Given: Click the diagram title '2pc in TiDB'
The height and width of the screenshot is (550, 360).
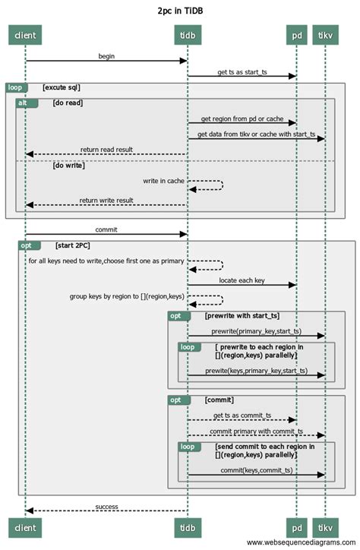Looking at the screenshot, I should click(180, 11).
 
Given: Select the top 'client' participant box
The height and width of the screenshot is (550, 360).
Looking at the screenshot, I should click(25, 36).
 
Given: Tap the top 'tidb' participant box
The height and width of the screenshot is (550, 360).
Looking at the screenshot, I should click(188, 36).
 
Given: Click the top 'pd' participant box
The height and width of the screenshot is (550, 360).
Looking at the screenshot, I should click(296, 36).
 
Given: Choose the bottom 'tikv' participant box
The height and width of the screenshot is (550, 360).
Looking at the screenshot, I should click(325, 526).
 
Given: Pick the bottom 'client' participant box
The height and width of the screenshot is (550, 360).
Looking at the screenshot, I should click(25, 526).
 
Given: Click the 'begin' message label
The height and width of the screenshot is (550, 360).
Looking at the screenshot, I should click(106, 56).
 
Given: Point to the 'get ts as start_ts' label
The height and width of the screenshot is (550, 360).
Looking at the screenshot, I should click(241, 72).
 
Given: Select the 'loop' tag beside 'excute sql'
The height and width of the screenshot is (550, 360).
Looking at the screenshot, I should click(16, 87).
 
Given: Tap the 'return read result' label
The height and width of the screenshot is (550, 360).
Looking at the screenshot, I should click(106, 150).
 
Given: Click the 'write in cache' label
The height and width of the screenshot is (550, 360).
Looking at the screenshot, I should click(163, 181).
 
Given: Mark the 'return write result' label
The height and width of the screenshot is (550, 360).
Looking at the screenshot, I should click(106, 201).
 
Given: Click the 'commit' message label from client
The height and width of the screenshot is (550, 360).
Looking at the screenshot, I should click(106, 229).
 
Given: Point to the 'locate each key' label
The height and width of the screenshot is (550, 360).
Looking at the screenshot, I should click(241, 280).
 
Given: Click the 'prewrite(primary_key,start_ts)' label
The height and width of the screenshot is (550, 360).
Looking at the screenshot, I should click(255, 331).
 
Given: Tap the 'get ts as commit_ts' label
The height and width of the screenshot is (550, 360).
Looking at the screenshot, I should click(241, 416).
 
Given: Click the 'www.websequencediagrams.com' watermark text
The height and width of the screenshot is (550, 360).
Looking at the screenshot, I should click(301, 542).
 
